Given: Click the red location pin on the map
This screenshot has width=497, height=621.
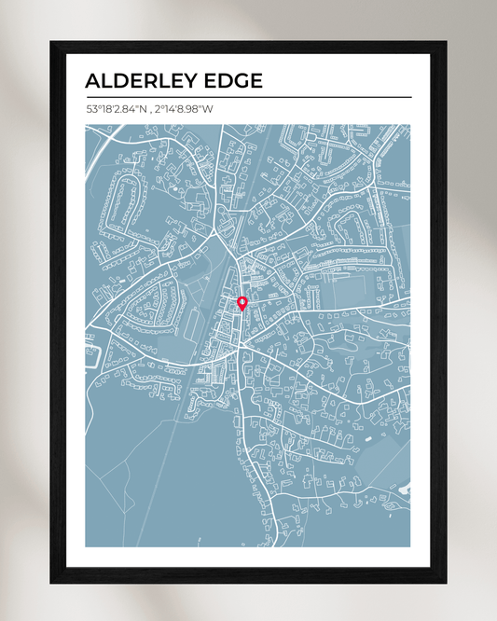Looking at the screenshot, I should pyautogui.click(x=242, y=301).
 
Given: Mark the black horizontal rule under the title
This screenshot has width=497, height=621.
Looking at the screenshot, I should pyautogui.click(x=248, y=97).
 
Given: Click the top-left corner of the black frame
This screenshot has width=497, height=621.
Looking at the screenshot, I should pyautogui.click(x=51, y=42).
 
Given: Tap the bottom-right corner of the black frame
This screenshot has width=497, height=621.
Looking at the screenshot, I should pyautogui.click(x=445, y=583).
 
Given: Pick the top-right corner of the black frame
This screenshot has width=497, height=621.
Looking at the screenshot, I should pyautogui.click(x=445, y=42).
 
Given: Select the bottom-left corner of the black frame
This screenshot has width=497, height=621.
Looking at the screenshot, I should pyautogui.click(x=51, y=583).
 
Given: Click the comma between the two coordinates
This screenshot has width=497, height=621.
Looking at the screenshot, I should pyautogui.click(x=152, y=111).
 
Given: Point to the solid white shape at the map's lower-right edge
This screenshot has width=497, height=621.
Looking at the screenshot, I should pyautogui.click(x=405, y=487).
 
